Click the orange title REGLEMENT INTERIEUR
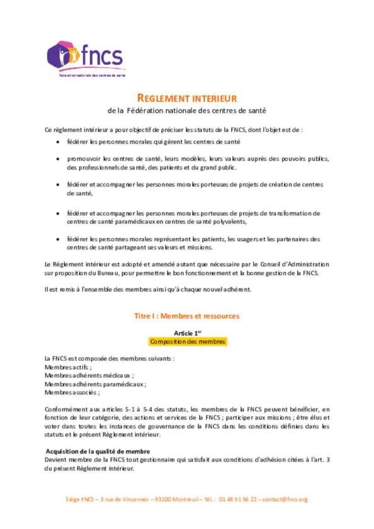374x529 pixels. pos(187,98)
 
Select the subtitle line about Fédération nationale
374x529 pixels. pos(187,111)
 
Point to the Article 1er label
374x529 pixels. pos(187,332)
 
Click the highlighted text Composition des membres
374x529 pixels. pos(187,341)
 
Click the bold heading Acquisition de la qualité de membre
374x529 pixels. pos(98,451)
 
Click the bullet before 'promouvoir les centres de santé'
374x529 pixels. pos(59,159)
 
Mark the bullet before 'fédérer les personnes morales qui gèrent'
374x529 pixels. pos(59,142)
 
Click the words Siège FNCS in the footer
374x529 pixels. pos(80,499)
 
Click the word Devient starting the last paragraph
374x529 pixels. pos(57,460)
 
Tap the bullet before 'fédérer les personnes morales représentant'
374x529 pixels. pos(59,239)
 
